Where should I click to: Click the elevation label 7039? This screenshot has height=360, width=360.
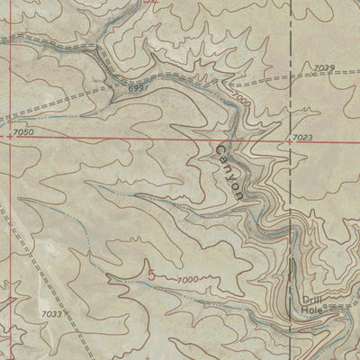click(325, 68)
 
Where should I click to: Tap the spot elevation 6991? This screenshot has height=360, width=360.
click(136, 89)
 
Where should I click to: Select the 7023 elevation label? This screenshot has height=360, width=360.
click(302, 138)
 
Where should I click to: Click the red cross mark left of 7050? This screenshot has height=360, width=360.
click(9, 138)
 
